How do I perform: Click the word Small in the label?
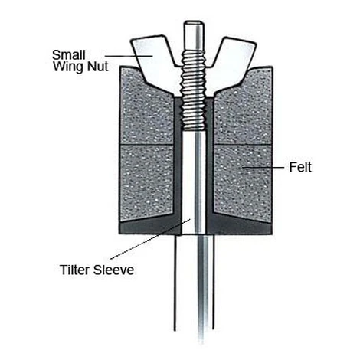(x=69, y=55)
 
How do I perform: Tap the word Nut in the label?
(x=98, y=67)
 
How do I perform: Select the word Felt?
(x=300, y=168)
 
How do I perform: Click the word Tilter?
(x=75, y=270)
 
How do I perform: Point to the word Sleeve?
(x=113, y=270)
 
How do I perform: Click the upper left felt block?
(x=147, y=113)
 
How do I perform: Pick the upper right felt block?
(x=243, y=113)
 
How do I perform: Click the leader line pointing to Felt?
(x=263, y=168)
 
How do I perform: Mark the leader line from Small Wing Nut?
(x=129, y=55)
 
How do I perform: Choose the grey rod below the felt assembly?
(x=205, y=289)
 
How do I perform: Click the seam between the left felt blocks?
(x=147, y=145)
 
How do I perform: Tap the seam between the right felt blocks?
(x=243, y=145)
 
